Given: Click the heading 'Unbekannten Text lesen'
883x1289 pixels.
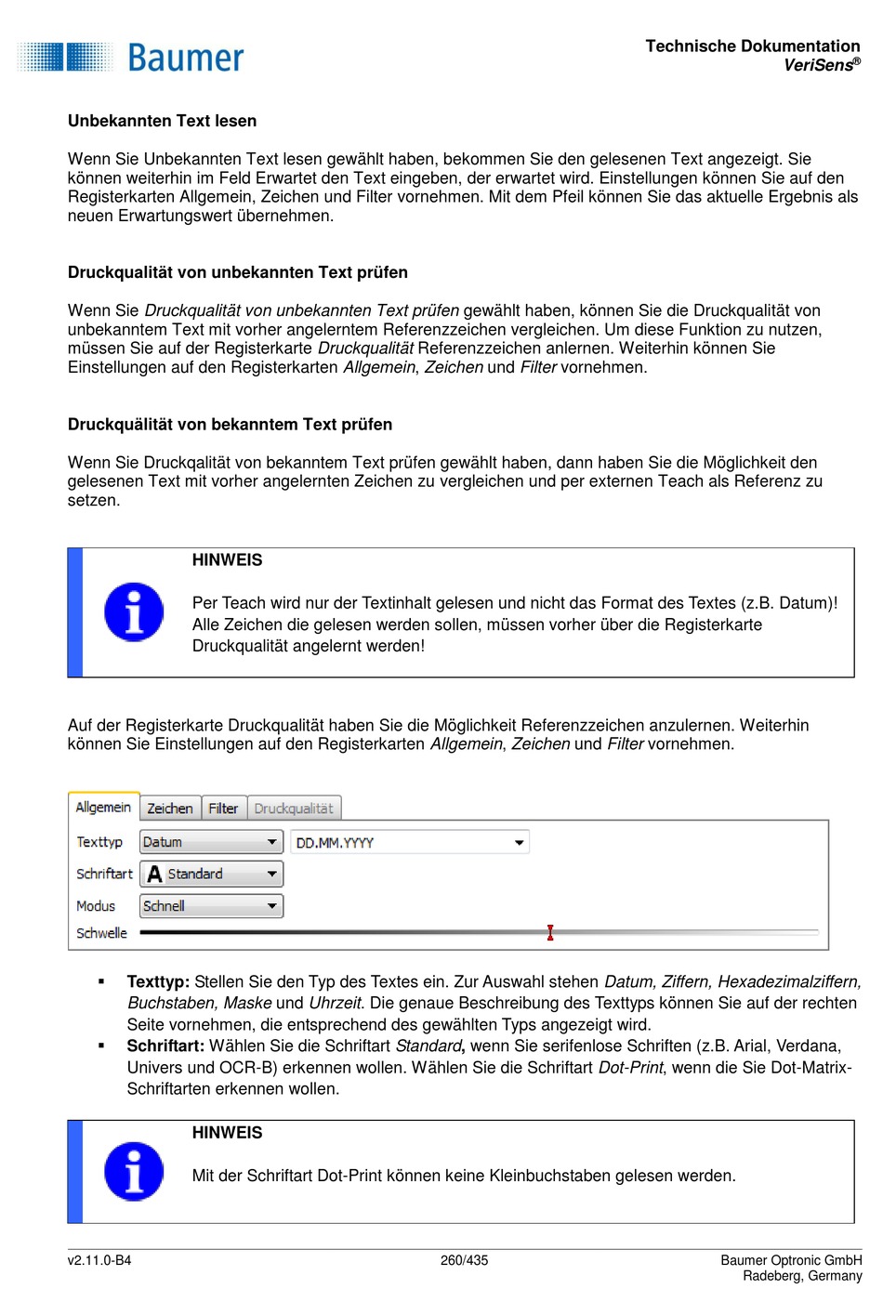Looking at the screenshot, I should [162, 121].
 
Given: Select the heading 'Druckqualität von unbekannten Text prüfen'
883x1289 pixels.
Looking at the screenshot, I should [238, 272].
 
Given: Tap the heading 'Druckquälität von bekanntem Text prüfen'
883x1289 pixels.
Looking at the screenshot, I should [230, 425].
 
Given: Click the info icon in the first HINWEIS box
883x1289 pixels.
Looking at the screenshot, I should [134, 612].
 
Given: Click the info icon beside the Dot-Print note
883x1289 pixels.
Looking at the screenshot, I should [134, 1171].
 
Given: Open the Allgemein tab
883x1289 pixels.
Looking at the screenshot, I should [103, 808].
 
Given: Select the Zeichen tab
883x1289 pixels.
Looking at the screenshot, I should [170, 809].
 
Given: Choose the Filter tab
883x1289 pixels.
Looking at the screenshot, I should [223, 809].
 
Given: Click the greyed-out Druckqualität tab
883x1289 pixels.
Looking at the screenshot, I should [294, 809].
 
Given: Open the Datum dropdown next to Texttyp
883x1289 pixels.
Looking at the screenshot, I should [211, 842].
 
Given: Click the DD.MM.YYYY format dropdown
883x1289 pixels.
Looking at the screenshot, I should [410, 843].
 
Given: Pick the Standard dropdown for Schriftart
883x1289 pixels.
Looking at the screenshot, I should [211, 874].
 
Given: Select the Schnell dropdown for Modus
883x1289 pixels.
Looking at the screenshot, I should [211, 906].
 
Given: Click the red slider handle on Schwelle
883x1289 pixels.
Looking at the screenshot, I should [550, 932].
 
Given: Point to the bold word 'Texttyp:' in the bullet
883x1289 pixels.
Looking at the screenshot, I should [158, 981].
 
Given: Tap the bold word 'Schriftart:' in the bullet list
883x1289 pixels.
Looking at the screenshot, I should [165, 1046].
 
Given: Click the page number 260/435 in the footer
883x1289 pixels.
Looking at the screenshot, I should [464, 1260].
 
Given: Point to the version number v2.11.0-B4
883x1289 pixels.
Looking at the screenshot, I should [99, 1260].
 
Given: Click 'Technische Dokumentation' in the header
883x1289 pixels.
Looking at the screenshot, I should [753, 46].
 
